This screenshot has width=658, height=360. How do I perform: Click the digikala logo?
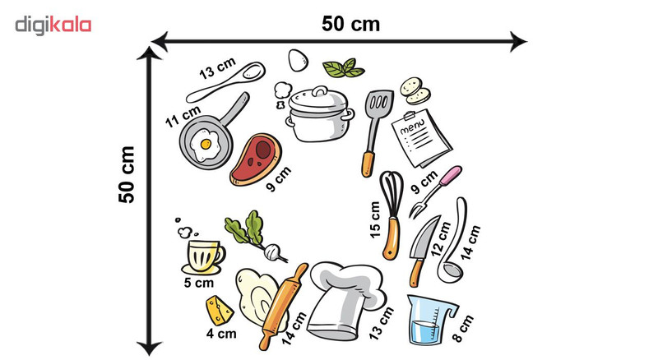click(53, 25)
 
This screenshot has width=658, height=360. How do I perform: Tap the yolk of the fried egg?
click(206, 145)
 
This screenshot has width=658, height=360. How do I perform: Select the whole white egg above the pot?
click(298, 60)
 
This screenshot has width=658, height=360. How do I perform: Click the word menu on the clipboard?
click(412, 126)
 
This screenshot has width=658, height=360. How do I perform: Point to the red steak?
click(256, 159)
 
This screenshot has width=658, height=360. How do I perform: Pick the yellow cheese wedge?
click(219, 311)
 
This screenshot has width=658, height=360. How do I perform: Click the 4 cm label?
click(221, 334)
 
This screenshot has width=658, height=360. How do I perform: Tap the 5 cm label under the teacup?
click(199, 283)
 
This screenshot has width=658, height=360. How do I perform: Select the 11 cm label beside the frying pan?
click(183, 117)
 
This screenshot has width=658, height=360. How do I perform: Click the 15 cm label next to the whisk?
click(375, 219)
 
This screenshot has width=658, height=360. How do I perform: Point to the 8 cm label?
click(463, 329)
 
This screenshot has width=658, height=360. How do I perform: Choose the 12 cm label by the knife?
click(441, 238)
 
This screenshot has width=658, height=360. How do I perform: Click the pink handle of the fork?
click(451, 174)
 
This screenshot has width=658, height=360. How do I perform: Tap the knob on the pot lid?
click(320, 91)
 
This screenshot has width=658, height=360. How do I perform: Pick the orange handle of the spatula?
click(368, 164)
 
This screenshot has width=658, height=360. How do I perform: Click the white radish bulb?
click(272, 251)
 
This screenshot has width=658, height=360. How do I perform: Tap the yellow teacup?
click(204, 255)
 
